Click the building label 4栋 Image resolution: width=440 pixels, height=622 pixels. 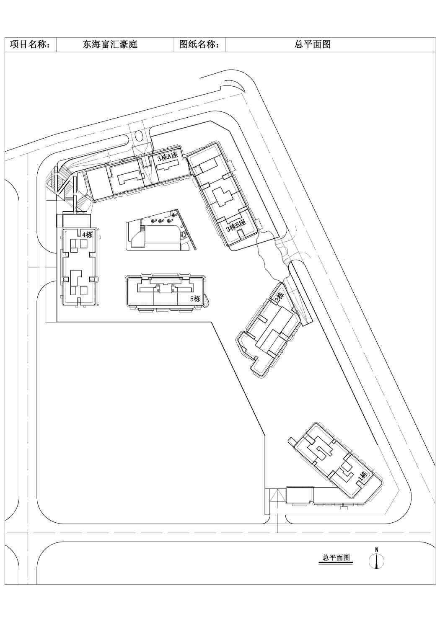pos(87,235)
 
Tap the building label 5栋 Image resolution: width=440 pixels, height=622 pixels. pos(195,299)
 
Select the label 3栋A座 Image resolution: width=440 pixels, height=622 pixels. pos(167,157)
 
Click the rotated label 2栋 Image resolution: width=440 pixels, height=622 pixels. pos(279,297)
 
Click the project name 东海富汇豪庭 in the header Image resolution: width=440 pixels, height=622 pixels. pos(110,44)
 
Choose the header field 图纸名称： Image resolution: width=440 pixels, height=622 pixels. pos(199,44)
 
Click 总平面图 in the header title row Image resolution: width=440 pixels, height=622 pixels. pos(313,44)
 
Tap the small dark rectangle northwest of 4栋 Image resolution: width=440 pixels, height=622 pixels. pos(60,221)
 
